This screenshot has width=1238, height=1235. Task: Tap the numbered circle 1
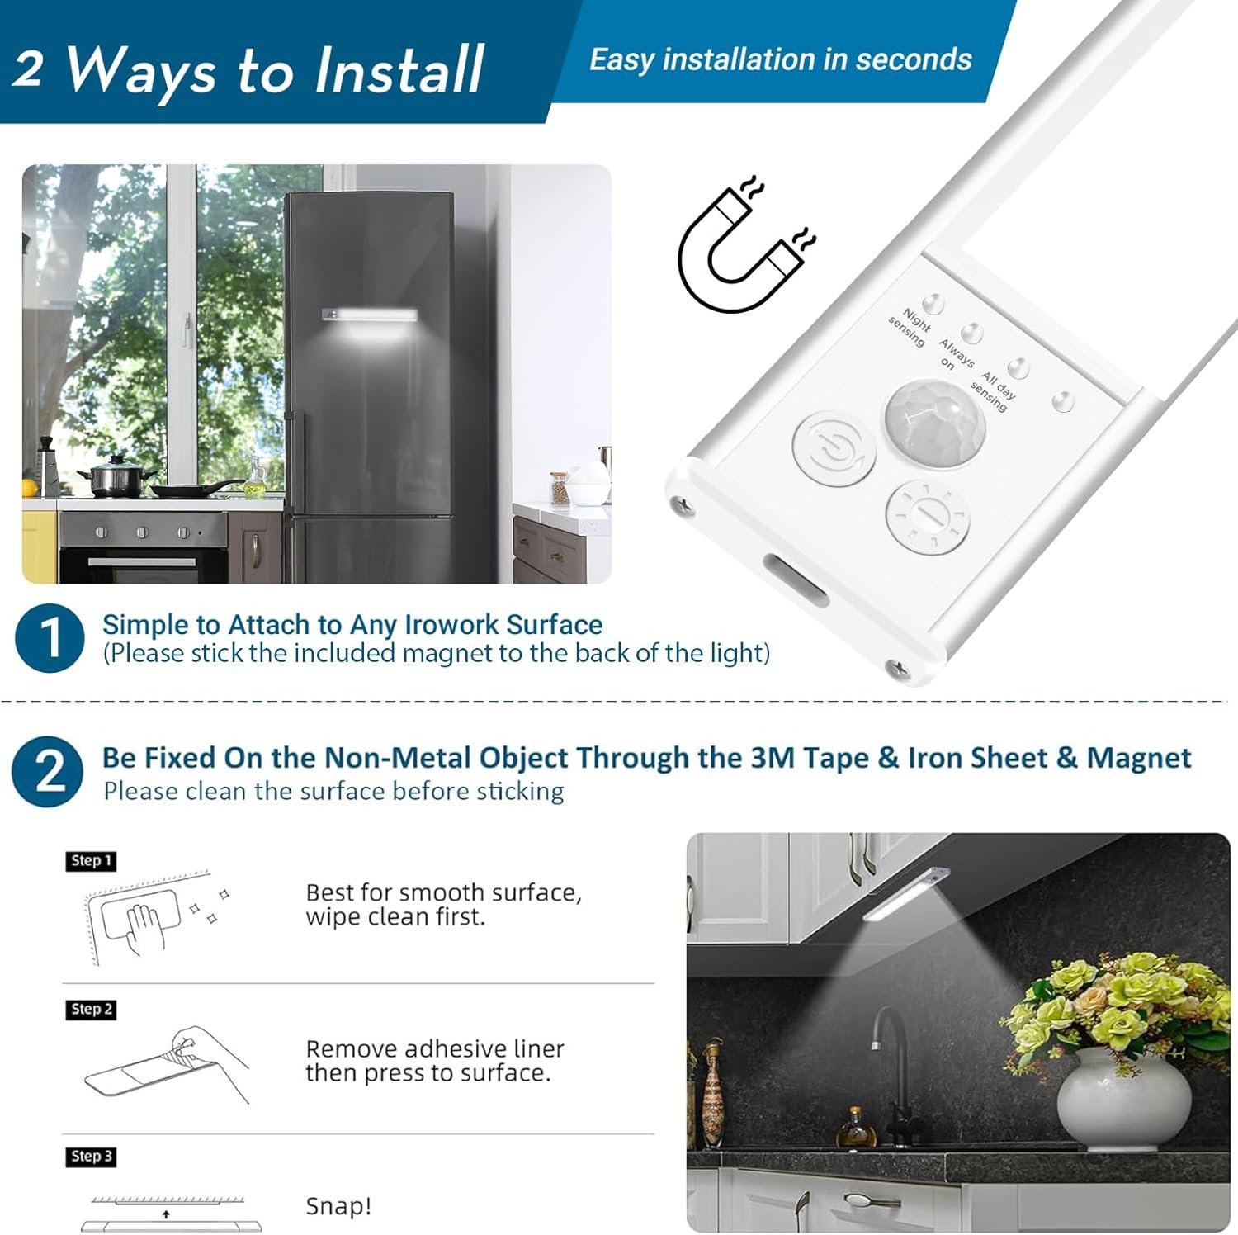(50, 638)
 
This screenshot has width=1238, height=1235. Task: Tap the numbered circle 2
(48, 772)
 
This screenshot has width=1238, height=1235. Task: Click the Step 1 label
(91, 861)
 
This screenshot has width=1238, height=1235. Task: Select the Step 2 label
(91, 1010)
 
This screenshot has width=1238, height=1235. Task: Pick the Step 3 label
(91, 1157)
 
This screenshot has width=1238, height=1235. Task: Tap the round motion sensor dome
(935, 423)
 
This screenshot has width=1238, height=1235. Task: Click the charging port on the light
(797, 579)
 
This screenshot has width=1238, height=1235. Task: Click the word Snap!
(338, 1206)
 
